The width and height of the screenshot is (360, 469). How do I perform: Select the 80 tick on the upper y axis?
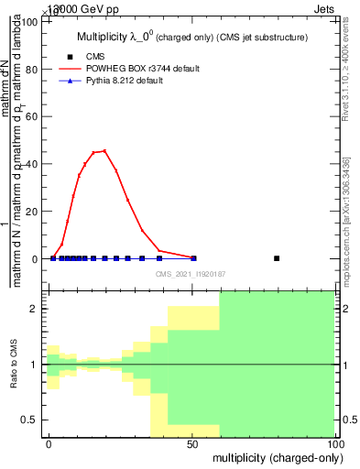(33, 69)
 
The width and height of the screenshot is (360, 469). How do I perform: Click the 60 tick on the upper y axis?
(33, 116)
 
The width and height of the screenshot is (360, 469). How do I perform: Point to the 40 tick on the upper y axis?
(33, 164)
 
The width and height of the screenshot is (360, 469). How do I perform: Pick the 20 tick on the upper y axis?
(33, 212)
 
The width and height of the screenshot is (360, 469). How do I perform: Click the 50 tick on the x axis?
(192, 443)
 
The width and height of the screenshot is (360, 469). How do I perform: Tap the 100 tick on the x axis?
(335, 443)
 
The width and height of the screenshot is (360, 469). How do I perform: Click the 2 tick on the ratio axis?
(35, 309)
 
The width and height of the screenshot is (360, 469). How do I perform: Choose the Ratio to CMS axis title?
(14, 365)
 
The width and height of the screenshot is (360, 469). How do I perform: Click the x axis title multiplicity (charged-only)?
(273, 457)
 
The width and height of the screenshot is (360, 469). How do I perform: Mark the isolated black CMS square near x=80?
(278, 258)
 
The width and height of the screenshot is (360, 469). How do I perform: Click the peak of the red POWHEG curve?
(104, 150)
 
